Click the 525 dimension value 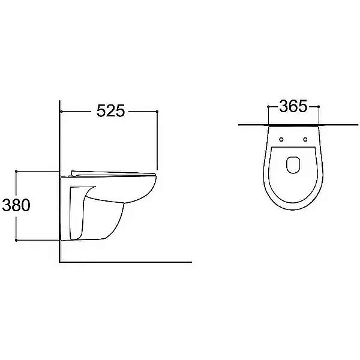[x=110, y=111]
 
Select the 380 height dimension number [x=16, y=205]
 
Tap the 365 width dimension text [x=293, y=106]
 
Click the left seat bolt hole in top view [x=281, y=139]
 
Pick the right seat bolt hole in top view [x=305, y=139]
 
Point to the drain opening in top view [x=293, y=165]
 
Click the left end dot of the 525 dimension [x=61, y=112]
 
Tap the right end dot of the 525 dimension [x=157, y=112]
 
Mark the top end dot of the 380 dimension [x=16, y=171]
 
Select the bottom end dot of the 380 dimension [x=16, y=240]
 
